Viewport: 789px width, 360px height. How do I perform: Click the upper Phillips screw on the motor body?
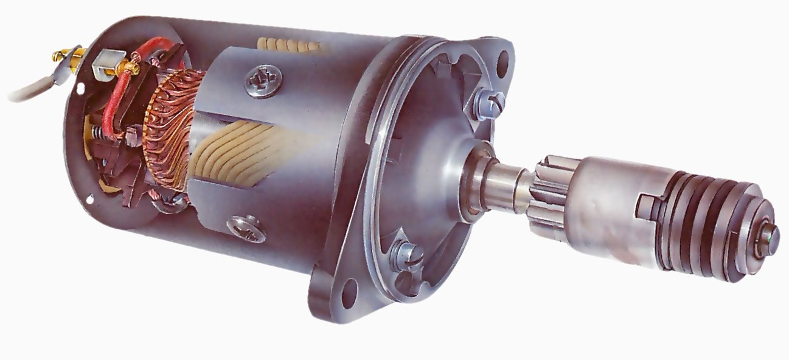(263, 82)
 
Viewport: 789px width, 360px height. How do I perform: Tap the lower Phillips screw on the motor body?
(246, 229)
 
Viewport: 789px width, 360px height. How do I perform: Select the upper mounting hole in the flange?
(502, 59)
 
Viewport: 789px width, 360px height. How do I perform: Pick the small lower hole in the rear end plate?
(90, 198)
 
